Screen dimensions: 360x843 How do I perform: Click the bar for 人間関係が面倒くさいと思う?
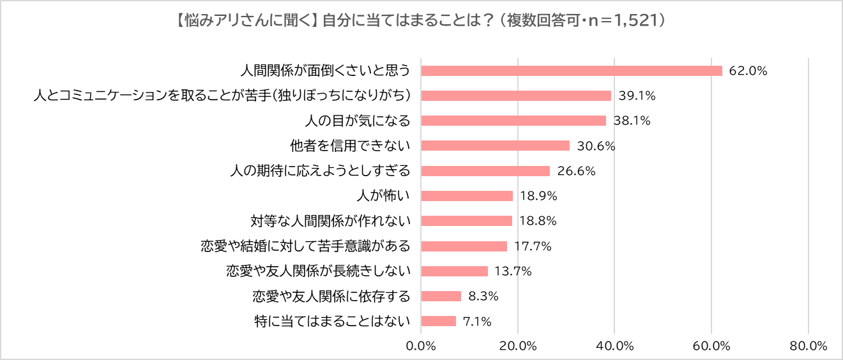[x=572, y=71]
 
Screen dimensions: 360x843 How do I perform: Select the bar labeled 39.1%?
[x=516, y=96]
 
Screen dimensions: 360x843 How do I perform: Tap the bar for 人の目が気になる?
[x=513, y=121]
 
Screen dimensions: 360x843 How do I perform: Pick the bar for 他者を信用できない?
[x=496, y=146]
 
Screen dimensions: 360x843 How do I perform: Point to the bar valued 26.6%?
[x=485, y=171]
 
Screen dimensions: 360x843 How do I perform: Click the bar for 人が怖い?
[x=467, y=196]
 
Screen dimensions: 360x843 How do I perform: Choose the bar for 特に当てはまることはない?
[x=439, y=321]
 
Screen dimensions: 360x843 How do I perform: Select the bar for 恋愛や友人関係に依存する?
[x=441, y=296]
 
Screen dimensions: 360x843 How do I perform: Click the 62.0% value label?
[x=748, y=71]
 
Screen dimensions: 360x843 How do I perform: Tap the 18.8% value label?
[x=538, y=221]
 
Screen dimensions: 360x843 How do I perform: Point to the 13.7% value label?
[x=513, y=271]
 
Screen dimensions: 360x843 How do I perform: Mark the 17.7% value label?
[x=533, y=246]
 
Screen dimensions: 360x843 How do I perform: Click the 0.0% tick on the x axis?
[x=421, y=346]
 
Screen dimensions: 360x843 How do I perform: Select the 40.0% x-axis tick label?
[x=614, y=346]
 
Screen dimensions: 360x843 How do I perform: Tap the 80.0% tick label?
[x=809, y=346]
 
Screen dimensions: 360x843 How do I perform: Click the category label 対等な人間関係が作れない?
[x=330, y=221]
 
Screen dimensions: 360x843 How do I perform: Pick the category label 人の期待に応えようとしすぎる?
[x=319, y=171]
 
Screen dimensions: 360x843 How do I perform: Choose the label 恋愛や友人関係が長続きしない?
[x=318, y=271]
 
